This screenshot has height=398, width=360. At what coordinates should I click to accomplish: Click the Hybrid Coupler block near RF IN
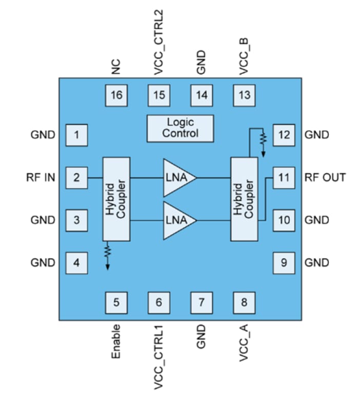point(116,199)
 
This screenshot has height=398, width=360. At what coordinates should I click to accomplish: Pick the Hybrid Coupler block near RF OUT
point(244,199)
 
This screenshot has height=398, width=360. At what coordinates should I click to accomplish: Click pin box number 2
point(76,178)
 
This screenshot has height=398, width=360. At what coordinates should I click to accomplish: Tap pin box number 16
point(116,95)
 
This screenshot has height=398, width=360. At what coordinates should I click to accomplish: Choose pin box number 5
point(116,302)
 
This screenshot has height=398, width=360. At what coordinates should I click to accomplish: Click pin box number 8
point(244,302)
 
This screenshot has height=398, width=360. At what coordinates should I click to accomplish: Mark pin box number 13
point(244,95)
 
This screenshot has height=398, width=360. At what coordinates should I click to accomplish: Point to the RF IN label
point(42,178)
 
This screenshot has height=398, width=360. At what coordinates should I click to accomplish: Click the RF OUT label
point(325,178)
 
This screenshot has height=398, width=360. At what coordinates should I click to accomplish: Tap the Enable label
point(116,341)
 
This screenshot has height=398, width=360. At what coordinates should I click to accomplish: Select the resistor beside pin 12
point(263,138)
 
